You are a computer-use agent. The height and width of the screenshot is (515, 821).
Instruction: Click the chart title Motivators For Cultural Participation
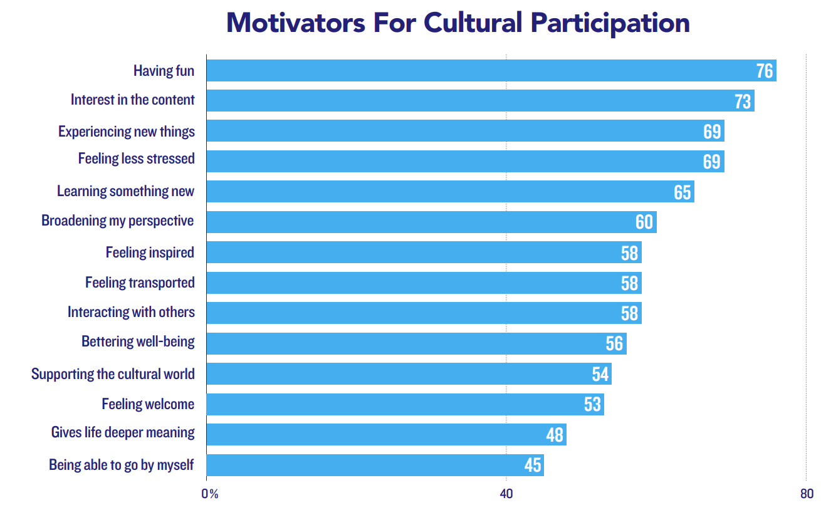458,23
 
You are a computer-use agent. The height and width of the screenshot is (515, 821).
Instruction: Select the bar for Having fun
491,70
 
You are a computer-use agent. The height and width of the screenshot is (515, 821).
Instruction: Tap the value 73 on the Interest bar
743,101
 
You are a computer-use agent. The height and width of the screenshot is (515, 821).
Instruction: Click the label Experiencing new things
127,132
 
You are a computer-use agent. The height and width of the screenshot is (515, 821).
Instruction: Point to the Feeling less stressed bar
466,161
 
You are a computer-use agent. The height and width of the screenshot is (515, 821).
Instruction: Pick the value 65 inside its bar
682,192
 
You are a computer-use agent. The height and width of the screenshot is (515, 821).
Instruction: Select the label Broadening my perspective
117,221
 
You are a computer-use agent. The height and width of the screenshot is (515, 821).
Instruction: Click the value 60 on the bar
644,222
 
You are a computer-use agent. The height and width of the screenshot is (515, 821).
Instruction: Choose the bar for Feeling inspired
424,252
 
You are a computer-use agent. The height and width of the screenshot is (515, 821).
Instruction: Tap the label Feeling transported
140,283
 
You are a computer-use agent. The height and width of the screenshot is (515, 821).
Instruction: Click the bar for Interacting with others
424,313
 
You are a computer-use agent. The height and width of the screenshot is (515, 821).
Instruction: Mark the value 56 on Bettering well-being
614,343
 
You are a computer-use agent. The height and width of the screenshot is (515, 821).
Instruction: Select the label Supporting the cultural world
113,374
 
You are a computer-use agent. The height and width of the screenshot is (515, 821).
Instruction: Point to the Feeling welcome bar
405,404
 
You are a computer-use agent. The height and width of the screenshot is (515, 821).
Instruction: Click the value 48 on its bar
555,435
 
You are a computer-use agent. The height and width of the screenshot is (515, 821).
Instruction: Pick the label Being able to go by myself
122,465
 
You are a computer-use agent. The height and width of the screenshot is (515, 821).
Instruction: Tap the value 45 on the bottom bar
533,465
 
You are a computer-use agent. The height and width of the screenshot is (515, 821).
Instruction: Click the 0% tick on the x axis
210,494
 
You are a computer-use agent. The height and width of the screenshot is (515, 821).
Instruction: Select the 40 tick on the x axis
506,494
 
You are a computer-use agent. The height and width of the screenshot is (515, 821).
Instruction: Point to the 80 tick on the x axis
807,494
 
